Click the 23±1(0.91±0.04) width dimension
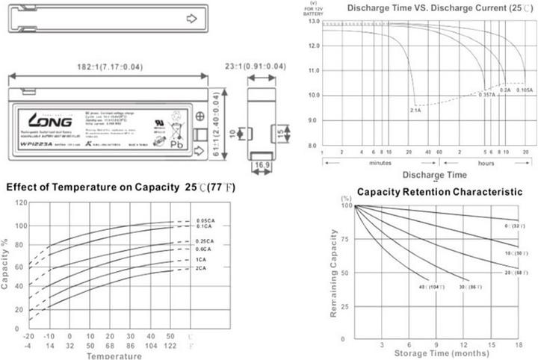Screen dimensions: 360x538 pos(255,67)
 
